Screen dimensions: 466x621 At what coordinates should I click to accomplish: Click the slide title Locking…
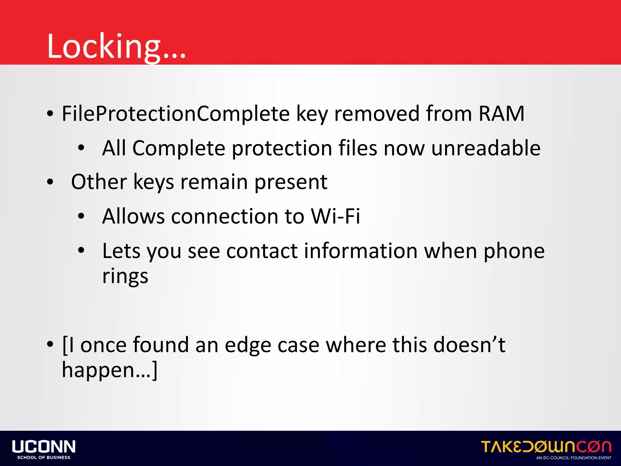pos(116,46)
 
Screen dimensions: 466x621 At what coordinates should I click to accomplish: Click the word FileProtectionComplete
pos(176,114)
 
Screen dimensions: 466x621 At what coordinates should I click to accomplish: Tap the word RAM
pos(501,114)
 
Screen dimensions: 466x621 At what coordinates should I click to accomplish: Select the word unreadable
pos(486,148)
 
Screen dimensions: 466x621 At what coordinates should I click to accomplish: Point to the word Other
pos(99,182)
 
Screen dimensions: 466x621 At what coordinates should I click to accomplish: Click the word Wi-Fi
pos(336,216)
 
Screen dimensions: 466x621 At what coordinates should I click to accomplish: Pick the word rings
pos(125,276)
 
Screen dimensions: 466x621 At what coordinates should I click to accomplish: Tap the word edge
pos(248,345)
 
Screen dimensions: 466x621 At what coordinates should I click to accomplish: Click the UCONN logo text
pos(44,447)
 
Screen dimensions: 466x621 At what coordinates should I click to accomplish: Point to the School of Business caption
pos(44,458)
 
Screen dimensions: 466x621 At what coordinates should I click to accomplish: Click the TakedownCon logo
pos(546,447)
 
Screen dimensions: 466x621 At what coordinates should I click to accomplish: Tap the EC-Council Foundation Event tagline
pos(574,458)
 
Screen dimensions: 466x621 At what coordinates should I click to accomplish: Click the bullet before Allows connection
pos(81,216)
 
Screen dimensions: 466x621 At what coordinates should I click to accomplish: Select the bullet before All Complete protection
pos(81,148)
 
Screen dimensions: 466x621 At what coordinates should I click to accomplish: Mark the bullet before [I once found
pos(50,345)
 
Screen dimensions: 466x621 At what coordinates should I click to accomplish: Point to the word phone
pos(514,251)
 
